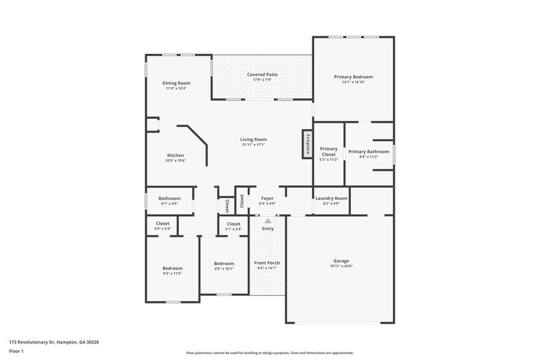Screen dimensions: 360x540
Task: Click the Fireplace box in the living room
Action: tap(307, 144)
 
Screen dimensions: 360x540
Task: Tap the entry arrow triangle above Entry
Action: tap(268, 220)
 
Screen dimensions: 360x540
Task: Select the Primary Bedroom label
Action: tap(353, 77)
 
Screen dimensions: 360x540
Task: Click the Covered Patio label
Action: tap(262, 75)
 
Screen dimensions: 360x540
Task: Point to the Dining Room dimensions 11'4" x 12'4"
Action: tap(176, 89)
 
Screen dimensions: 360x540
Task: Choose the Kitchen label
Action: tap(176, 156)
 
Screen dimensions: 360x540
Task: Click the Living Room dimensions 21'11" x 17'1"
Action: tap(253, 145)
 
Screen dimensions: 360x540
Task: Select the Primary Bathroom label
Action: tap(369, 151)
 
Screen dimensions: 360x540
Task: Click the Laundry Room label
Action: tap(331, 198)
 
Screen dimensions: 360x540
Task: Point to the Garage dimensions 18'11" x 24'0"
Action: tap(341, 266)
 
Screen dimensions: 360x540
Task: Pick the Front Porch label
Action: tap(267, 263)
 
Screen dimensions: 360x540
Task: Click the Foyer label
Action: tap(267, 198)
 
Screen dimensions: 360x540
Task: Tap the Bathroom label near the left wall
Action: tap(170, 198)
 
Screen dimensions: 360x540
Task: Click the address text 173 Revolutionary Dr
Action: tap(54, 342)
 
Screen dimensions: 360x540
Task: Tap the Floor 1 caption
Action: tap(16, 351)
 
